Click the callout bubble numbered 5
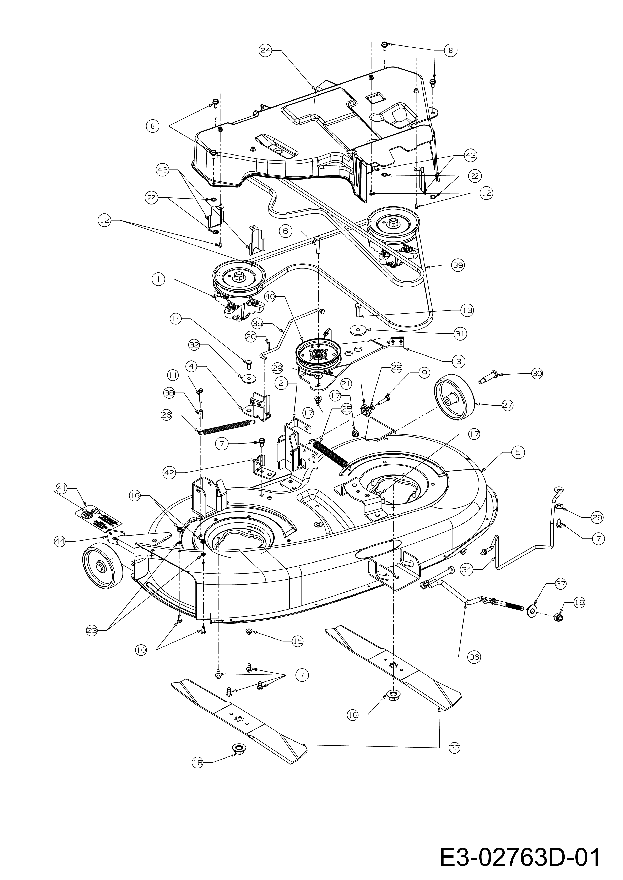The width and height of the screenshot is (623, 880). (x=518, y=453)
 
